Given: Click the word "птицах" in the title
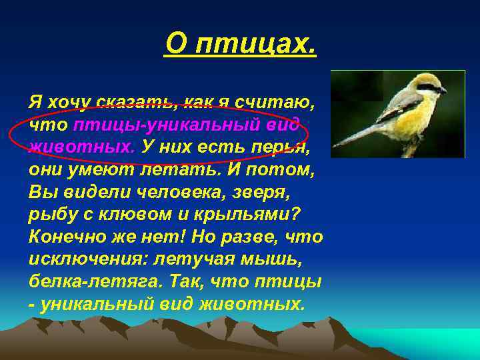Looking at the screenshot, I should [x=263, y=45].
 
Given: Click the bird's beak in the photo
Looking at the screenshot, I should [x=442, y=89].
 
